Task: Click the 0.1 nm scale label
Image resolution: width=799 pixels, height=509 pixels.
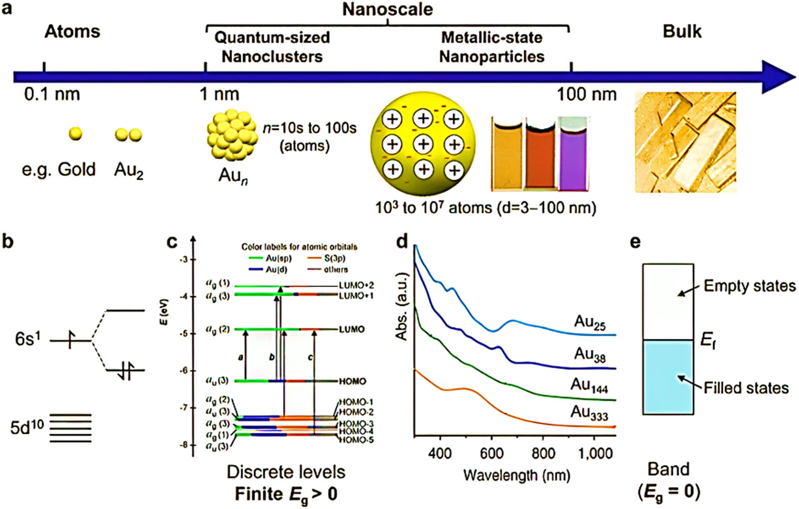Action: point(52,94)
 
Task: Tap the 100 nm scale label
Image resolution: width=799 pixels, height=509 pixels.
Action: point(586,94)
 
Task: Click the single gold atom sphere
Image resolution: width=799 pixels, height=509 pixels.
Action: point(75,134)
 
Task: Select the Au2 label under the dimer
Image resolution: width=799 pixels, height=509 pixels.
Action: point(129,171)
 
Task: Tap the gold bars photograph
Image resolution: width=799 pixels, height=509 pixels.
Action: point(685,142)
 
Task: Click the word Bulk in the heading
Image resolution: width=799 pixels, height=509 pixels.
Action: point(682,31)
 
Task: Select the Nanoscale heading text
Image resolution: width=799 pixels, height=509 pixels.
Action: point(387,9)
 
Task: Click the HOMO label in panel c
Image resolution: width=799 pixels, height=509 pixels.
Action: point(352,381)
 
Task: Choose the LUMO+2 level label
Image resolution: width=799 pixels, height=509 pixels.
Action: point(356,286)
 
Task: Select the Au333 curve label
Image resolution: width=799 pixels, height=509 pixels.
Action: point(589,412)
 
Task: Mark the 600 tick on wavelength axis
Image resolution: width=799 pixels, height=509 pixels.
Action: point(491,453)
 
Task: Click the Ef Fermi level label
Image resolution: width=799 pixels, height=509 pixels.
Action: point(708,340)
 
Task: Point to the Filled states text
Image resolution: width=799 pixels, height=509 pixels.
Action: point(746,388)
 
